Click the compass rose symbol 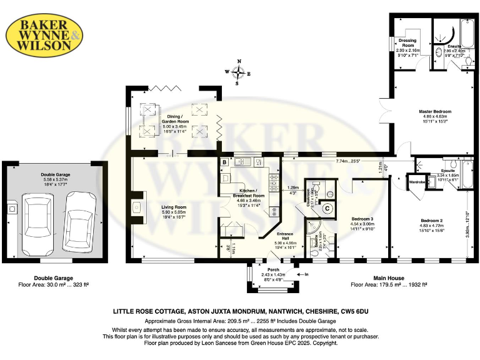(x=237, y=71)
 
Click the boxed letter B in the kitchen (x=224, y=162)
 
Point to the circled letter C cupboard (x=327, y=209)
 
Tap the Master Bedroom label (x=435, y=111)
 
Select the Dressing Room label (x=408, y=44)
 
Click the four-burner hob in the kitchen (x=273, y=181)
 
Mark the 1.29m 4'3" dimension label (x=292, y=190)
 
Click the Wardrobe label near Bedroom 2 (x=417, y=182)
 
